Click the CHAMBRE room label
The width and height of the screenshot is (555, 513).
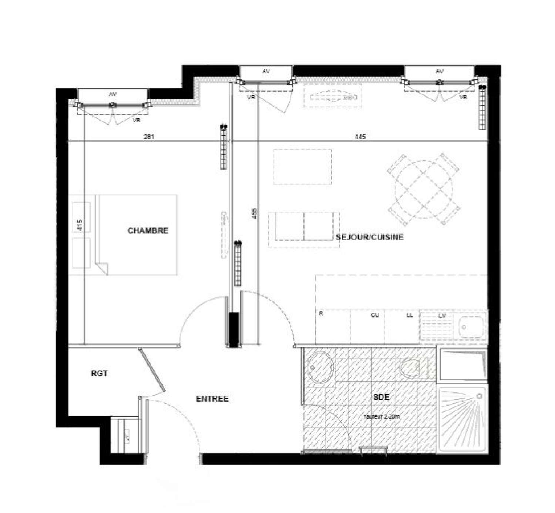(x=148, y=231)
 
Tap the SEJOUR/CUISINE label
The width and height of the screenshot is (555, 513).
(x=369, y=237)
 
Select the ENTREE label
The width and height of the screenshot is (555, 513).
(x=212, y=399)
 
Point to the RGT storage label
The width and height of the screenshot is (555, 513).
(x=99, y=373)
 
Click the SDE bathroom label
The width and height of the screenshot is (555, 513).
(x=381, y=397)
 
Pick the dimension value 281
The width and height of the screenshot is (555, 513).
(x=149, y=137)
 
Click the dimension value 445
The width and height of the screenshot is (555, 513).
(x=360, y=137)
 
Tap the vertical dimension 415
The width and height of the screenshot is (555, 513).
(x=80, y=225)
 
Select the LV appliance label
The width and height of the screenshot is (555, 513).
(x=442, y=316)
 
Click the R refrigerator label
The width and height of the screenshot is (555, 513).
(x=321, y=313)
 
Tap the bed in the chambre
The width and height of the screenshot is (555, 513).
(x=137, y=235)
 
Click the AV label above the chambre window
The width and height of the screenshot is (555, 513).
(x=112, y=94)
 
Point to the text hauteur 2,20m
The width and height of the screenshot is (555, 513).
(x=381, y=416)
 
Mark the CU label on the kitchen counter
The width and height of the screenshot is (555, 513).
(x=375, y=315)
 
